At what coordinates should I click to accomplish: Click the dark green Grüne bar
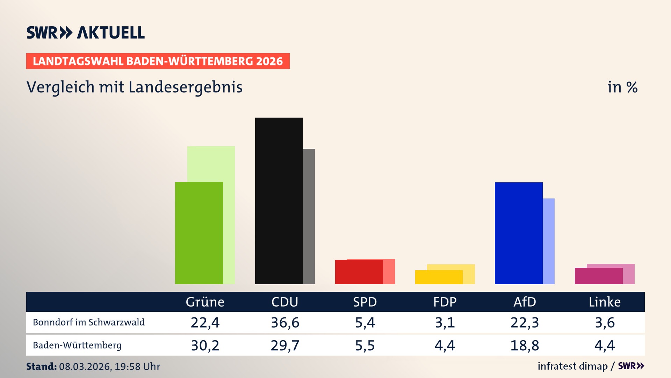coord(199,233)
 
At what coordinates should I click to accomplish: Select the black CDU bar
coord(279,201)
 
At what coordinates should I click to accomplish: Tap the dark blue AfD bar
coord(519,233)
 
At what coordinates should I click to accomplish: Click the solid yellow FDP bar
coord(439,277)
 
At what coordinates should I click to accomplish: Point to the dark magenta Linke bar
coord(598,276)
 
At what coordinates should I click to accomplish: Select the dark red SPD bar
coord(359,272)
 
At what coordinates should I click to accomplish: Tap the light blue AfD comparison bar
coord(549,241)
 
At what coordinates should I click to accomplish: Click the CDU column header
coord(285,302)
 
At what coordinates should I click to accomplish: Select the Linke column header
coord(605,302)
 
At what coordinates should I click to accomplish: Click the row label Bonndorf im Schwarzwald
coord(89,322)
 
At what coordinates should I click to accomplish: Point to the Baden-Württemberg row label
coord(77,345)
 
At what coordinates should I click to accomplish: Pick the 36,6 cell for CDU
coord(285,322)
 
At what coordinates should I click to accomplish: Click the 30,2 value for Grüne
coord(205,345)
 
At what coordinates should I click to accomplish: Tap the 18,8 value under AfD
coord(525,345)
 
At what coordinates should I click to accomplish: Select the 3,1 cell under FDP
coord(445,322)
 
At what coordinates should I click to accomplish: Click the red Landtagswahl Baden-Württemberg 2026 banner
coord(158,61)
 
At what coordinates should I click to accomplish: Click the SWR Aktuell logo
coord(86,33)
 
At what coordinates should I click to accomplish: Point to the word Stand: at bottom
coord(41,366)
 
